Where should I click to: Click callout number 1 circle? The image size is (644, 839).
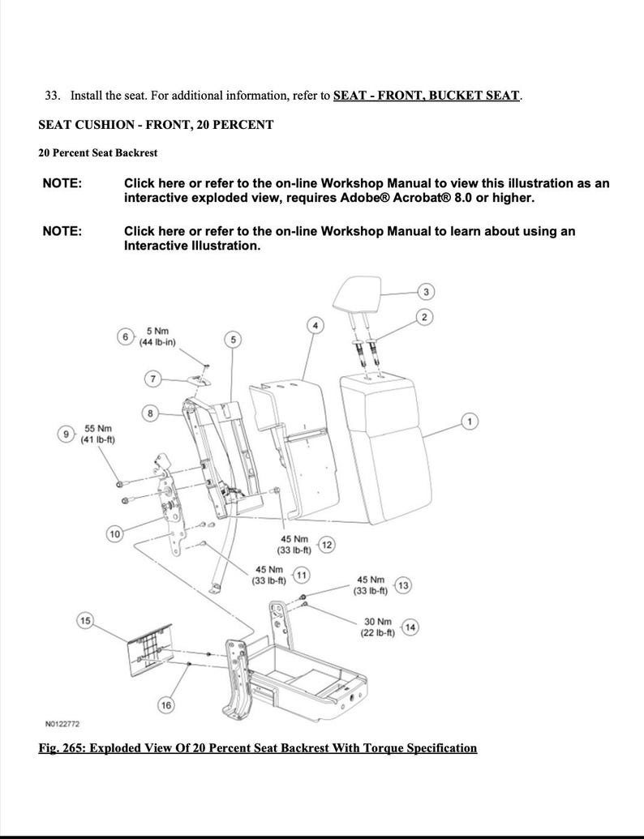pyautogui.click(x=468, y=420)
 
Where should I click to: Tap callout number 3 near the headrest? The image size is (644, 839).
pyautogui.click(x=426, y=291)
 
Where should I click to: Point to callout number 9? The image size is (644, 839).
pyautogui.click(x=67, y=434)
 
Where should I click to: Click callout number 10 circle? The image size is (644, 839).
pyautogui.click(x=114, y=533)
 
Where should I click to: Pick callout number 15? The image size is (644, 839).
pyautogui.click(x=84, y=621)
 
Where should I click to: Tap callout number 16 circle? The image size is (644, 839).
pyautogui.click(x=165, y=705)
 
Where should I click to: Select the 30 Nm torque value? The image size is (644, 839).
pyautogui.click(x=378, y=622)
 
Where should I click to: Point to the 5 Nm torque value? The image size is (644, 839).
pyautogui.click(x=157, y=331)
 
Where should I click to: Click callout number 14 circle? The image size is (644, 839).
pyautogui.click(x=410, y=627)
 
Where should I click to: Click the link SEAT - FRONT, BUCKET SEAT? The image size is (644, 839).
pyautogui.click(x=426, y=96)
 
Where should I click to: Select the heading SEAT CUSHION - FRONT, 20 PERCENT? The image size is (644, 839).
pyautogui.click(x=156, y=125)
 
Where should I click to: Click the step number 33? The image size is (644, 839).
pyautogui.click(x=52, y=96)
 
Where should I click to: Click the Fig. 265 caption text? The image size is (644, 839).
pyautogui.click(x=258, y=747)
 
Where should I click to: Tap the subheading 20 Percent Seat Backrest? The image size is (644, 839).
pyautogui.click(x=98, y=152)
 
